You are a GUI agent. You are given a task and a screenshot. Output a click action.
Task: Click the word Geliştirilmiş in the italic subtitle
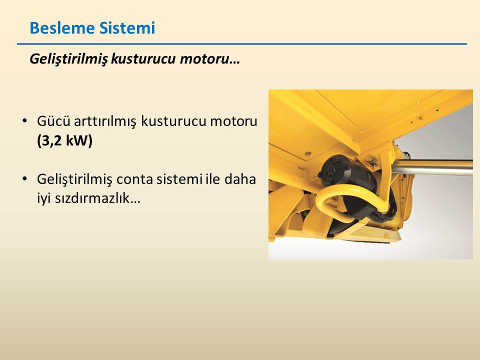tap(68, 59)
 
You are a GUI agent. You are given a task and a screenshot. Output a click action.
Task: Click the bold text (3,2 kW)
tap(64, 141)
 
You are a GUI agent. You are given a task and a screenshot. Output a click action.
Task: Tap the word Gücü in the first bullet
tap(53, 121)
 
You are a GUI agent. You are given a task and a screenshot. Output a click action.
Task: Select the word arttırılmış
tap(105, 122)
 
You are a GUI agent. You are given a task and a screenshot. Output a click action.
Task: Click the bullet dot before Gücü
tap(25, 120)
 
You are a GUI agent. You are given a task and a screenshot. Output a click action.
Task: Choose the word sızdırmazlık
tap(88, 198)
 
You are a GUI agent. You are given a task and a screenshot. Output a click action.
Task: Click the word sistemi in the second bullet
tap(179, 179)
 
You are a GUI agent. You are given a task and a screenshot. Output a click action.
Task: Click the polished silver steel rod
tap(431, 168)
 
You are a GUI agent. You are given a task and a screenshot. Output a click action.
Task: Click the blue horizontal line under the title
tap(242, 44)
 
